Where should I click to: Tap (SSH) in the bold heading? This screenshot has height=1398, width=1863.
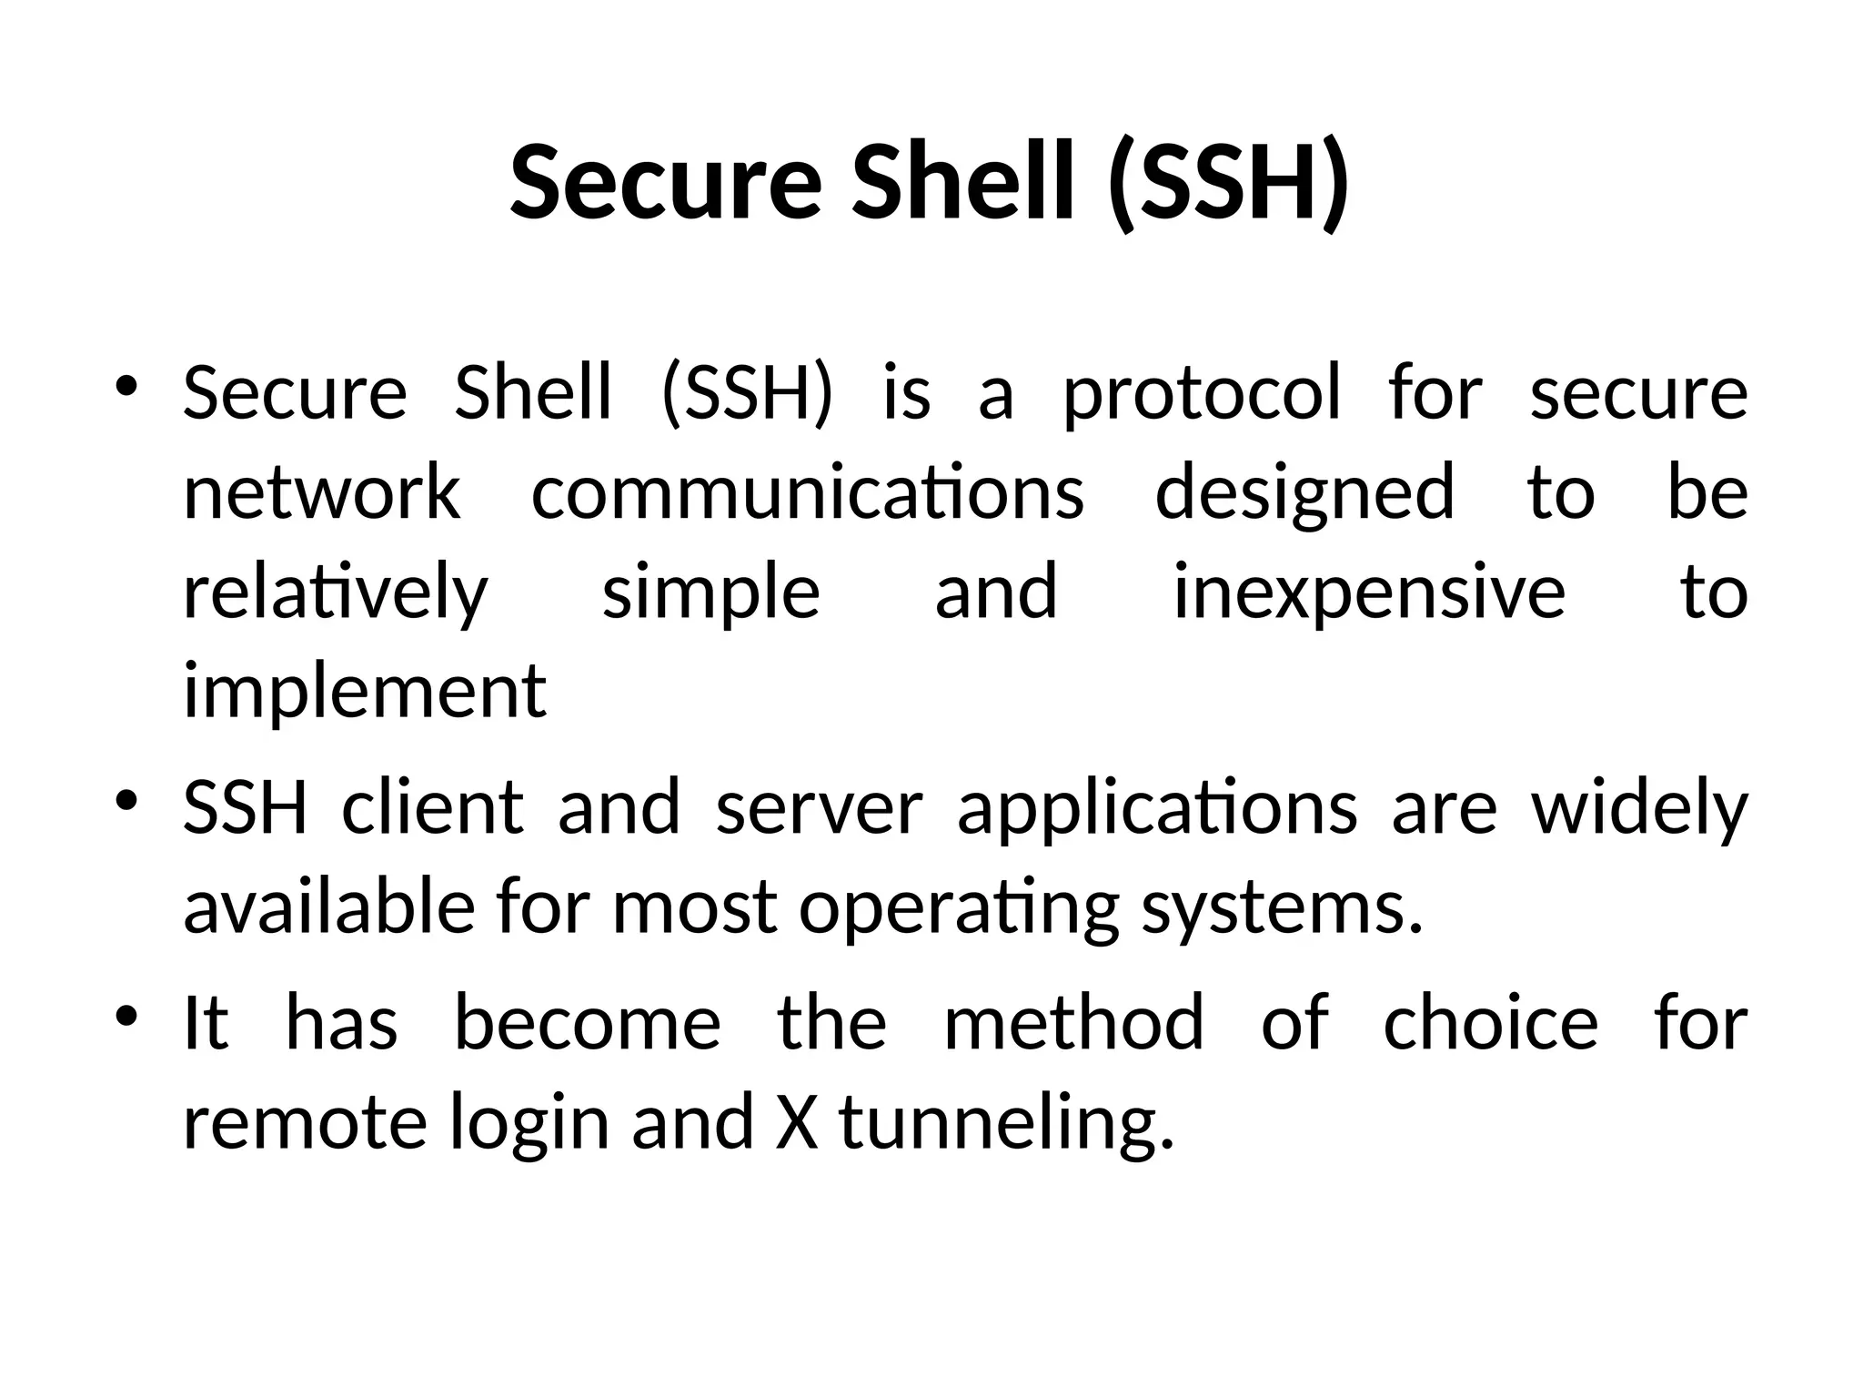pyautogui.click(x=1229, y=182)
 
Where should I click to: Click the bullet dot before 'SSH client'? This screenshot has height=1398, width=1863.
pyautogui.click(x=126, y=800)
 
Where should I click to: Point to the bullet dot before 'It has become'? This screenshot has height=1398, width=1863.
pyautogui.click(x=126, y=1014)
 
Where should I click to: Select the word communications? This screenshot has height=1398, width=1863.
pyautogui.click(x=807, y=492)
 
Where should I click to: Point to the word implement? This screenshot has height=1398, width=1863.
pyautogui.click(x=365, y=692)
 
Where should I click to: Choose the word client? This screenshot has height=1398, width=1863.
pyautogui.click(x=433, y=807)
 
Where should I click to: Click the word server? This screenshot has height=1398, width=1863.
pyautogui.click(x=820, y=809)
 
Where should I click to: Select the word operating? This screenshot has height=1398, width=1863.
pyautogui.click(x=959, y=908)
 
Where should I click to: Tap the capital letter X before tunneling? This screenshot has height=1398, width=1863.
pyautogui.click(x=797, y=1121)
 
